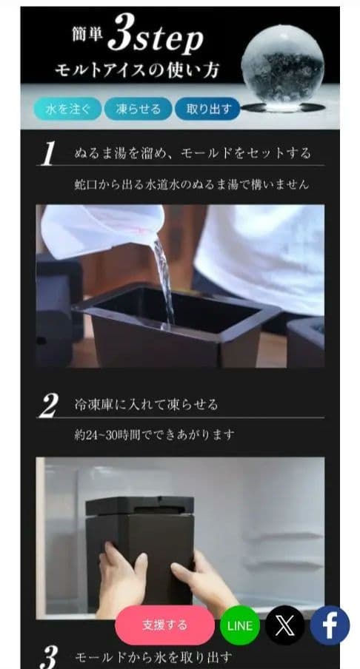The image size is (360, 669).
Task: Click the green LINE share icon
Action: click(x=239, y=625)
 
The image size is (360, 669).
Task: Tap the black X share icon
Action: click(x=284, y=625)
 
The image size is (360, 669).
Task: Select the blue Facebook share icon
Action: click(x=329, y=625)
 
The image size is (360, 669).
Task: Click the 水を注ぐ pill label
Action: click(x=67, y=109)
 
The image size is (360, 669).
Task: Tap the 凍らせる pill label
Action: click(x=138, y=109)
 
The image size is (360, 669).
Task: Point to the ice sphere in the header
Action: click(x=282, y=67)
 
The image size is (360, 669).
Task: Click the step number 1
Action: click(x=49, y=154)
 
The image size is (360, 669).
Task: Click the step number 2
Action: click(x=49, y=406)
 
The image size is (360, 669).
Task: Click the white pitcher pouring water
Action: click(x=104, y=229)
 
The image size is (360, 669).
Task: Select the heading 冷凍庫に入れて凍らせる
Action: click(x=146, y=406)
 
